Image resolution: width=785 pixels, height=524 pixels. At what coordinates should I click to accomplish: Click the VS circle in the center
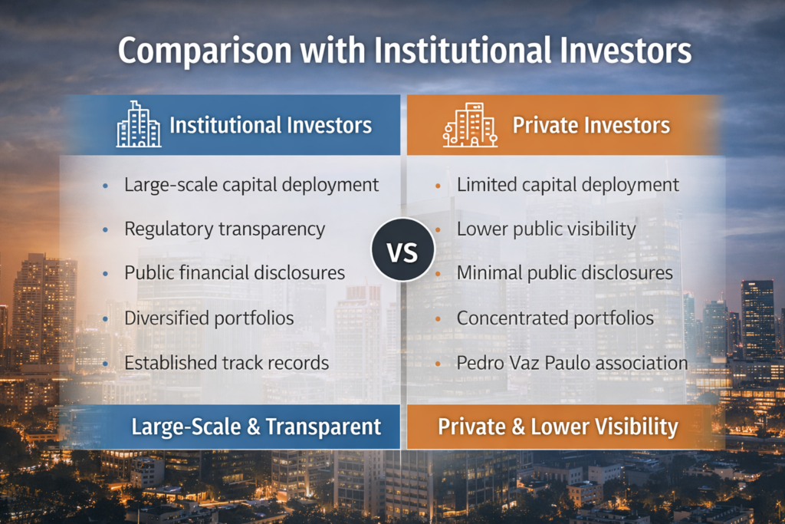402,249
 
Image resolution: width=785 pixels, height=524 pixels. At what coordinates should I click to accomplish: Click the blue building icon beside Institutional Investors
139,124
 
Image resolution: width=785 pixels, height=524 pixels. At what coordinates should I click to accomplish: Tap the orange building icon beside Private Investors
470,125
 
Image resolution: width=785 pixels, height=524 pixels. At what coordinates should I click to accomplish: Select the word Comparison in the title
204,51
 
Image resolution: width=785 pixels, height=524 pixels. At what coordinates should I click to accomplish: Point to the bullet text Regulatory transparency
225,229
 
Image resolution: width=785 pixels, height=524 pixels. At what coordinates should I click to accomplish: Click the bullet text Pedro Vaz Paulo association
572,363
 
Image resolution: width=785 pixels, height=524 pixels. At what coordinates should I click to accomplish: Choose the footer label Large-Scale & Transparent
256,427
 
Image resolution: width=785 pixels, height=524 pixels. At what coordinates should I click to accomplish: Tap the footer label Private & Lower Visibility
558,427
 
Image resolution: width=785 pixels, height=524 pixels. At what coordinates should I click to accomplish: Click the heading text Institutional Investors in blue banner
271,125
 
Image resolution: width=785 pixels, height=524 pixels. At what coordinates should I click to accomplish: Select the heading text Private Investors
591,125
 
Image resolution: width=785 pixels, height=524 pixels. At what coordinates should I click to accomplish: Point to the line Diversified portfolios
209,318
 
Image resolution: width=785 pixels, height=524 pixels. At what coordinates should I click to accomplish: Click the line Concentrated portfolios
555,318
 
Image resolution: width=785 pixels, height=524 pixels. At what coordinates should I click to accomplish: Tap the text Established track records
226,363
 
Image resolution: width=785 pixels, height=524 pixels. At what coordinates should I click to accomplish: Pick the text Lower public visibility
546,229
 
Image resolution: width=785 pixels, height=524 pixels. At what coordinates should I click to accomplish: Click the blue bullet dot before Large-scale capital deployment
105,186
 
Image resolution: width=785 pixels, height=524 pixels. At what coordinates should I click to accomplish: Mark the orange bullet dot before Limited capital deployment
438,186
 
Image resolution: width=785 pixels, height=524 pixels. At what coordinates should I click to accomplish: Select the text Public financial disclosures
235,273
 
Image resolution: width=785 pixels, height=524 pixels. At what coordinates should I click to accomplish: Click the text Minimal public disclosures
565,273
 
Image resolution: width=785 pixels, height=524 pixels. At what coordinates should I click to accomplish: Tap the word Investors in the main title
626,51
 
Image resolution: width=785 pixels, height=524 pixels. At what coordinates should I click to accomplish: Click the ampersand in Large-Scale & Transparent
253,427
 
